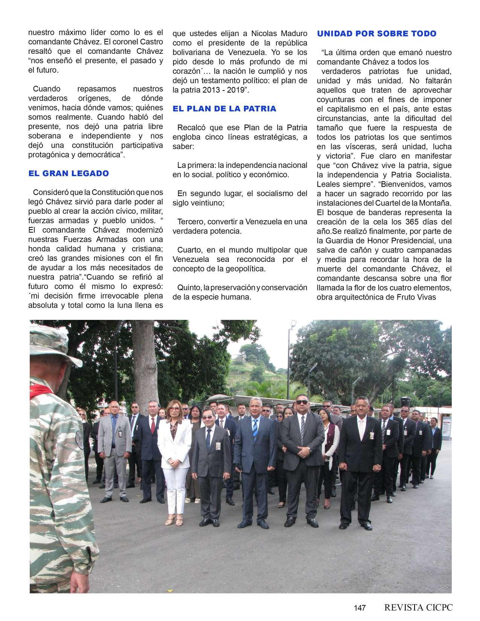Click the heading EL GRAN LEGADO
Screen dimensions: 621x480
pos(69,174)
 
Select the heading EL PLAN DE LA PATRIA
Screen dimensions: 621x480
pos(224,109)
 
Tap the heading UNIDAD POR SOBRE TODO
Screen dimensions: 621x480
pos(376,34)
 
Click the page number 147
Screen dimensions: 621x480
pos(360,608)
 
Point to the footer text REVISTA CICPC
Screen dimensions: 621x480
pos(418,607)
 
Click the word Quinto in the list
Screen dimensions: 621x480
pos(189,288)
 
